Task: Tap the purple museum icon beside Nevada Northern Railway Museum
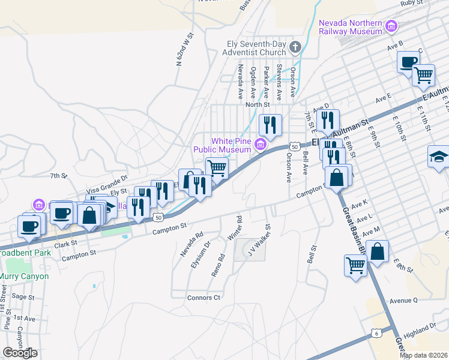(x=391, y=26)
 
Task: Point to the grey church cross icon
(x=295, y=46)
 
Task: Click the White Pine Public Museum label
(x=221, y=145)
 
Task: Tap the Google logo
(x=20, y=353)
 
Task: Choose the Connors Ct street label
(x=204, y=298)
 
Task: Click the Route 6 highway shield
(x=376, y=332)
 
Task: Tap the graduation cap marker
(x=439, y=157)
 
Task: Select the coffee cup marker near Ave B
(x=408, y=62)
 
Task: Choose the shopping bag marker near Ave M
(x=377, y=251)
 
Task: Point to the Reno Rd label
(x=217, y=265)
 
